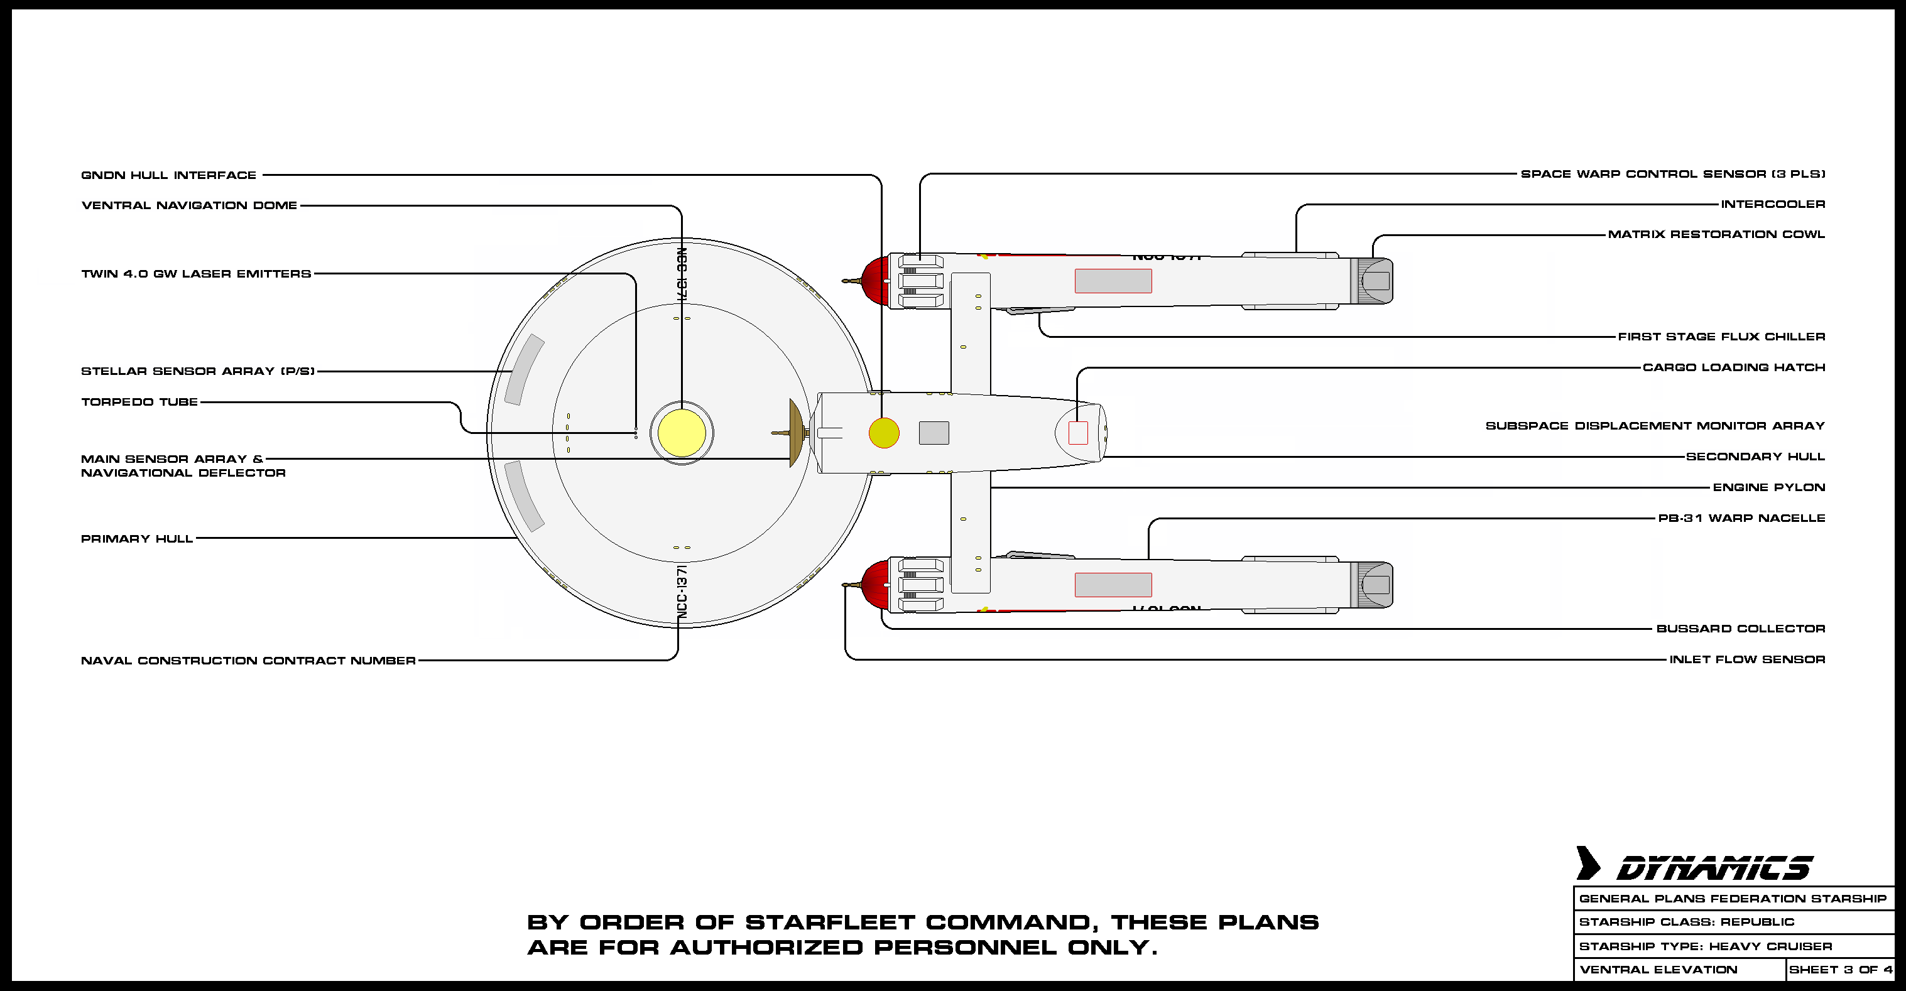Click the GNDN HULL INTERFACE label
click(x=169, y=175)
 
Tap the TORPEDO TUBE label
click(x=139, y=403)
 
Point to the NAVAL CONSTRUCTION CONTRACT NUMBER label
click(x=248, y=661)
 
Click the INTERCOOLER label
click(x=1773, y=204)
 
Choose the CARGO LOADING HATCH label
click(x=1734, y=367)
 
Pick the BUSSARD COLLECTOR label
click(x=1740, y=629)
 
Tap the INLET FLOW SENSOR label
click(x=1747, y=659)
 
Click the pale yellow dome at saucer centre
click(x=682, y=433)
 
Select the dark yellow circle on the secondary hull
click(x=883, y=433)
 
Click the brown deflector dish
click(x=795, y=433)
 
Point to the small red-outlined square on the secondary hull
click(x=1078, y=433)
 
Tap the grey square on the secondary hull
click(x=934, y=433)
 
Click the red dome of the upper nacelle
click(x=876, y=280)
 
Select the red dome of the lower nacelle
click(x=876, y=584)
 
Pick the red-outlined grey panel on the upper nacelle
click(x=1113, y=281)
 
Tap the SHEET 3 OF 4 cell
click(x=1840, y=970)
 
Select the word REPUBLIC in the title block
click(x=1757, y=922)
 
